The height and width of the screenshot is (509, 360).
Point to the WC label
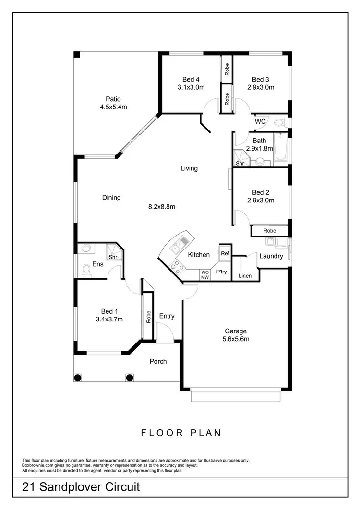point(260,122)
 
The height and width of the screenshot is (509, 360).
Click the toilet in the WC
point(279,122)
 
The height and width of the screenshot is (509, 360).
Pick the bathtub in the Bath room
point(280,149)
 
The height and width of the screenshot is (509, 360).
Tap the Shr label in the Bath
point(240,163)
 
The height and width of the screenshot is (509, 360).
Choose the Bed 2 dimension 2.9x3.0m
point(261,201)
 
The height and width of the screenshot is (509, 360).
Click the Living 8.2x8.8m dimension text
point(161,207)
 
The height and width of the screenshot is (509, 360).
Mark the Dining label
point(111,197)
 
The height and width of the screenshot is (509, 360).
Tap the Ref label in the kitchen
point(225,253)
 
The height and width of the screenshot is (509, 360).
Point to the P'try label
point(221,272)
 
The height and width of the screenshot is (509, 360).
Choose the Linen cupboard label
point(245,276)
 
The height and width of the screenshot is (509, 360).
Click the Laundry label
point(271,256)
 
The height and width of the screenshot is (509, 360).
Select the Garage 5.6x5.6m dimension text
point(236,339)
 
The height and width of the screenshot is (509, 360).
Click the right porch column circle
point(129,377)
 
